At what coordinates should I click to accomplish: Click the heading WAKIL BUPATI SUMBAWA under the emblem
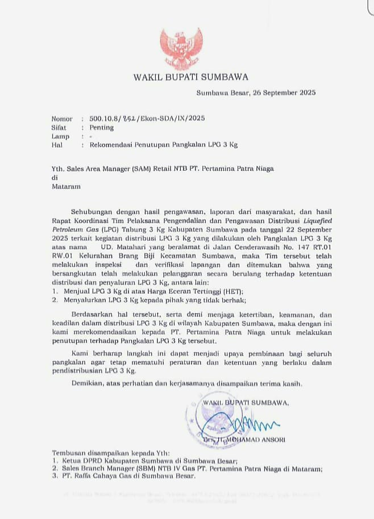point(191,77)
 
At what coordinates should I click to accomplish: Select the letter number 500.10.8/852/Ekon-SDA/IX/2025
point(147,119)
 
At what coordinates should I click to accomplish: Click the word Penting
point(102,128)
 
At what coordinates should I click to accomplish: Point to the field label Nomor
point(62,119)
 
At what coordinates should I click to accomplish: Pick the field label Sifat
point(60,128)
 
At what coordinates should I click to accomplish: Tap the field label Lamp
point(60,136)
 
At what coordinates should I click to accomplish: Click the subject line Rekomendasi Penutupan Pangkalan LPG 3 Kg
point(164,145)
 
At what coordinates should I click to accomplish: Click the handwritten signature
point(250,424)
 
